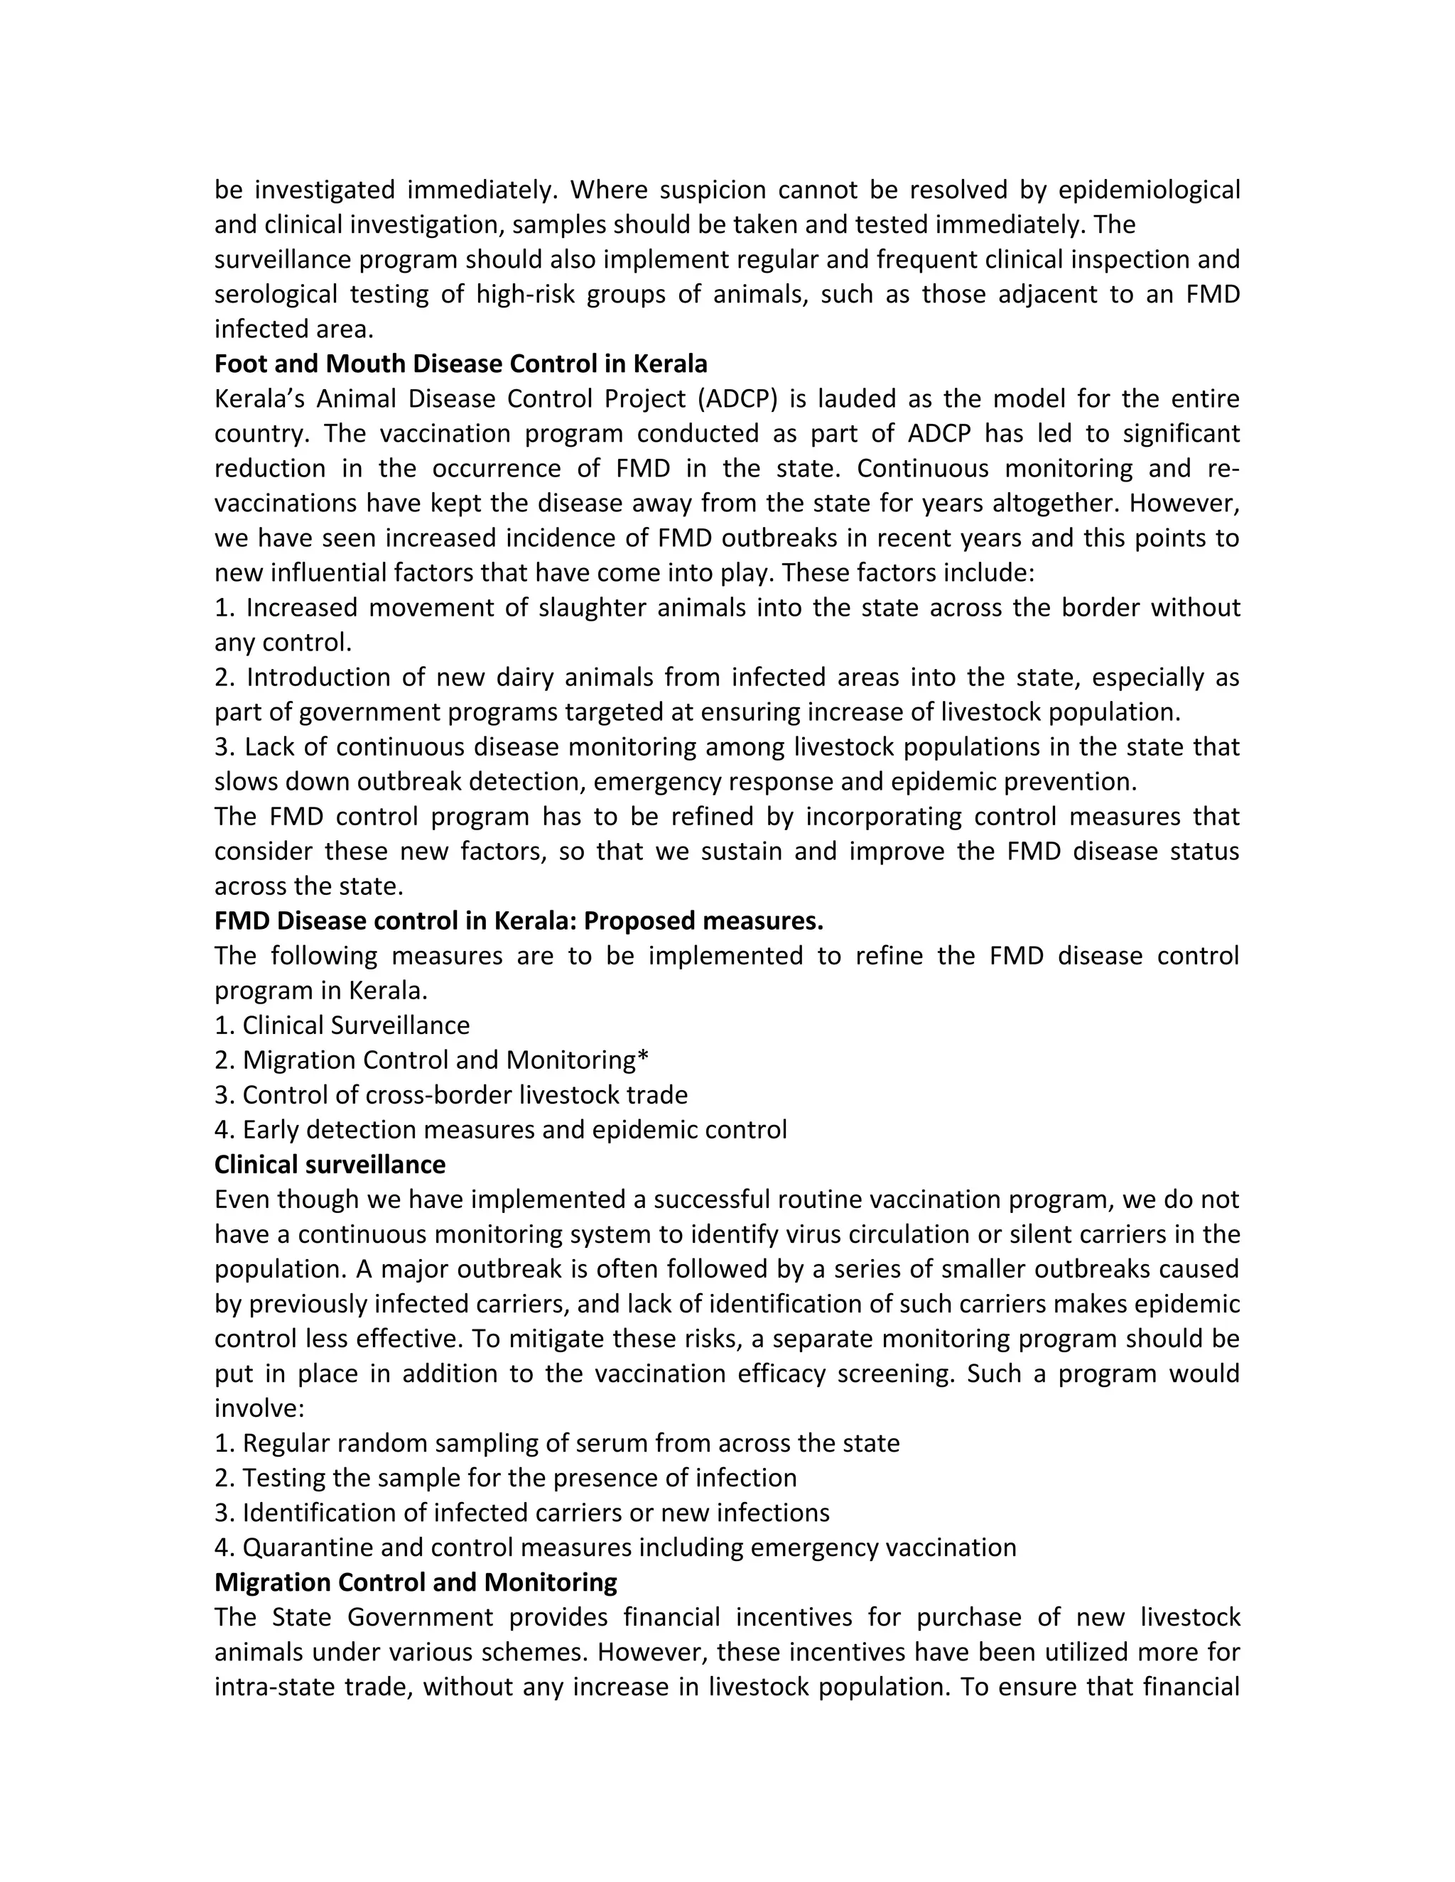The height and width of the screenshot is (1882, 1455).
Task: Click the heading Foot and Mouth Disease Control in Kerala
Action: point(460,364)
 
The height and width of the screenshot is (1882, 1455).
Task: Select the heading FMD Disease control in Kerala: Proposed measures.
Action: point(518,920)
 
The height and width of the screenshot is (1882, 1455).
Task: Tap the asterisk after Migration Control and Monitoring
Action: point(642,1058)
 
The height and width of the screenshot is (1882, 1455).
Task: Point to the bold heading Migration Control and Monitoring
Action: point(416,1582)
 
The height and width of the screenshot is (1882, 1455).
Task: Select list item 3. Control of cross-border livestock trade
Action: point(451,1094)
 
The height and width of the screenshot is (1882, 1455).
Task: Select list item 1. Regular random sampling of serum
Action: point(557,1442)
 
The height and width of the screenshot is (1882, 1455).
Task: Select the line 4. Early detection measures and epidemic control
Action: point(500,1129)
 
